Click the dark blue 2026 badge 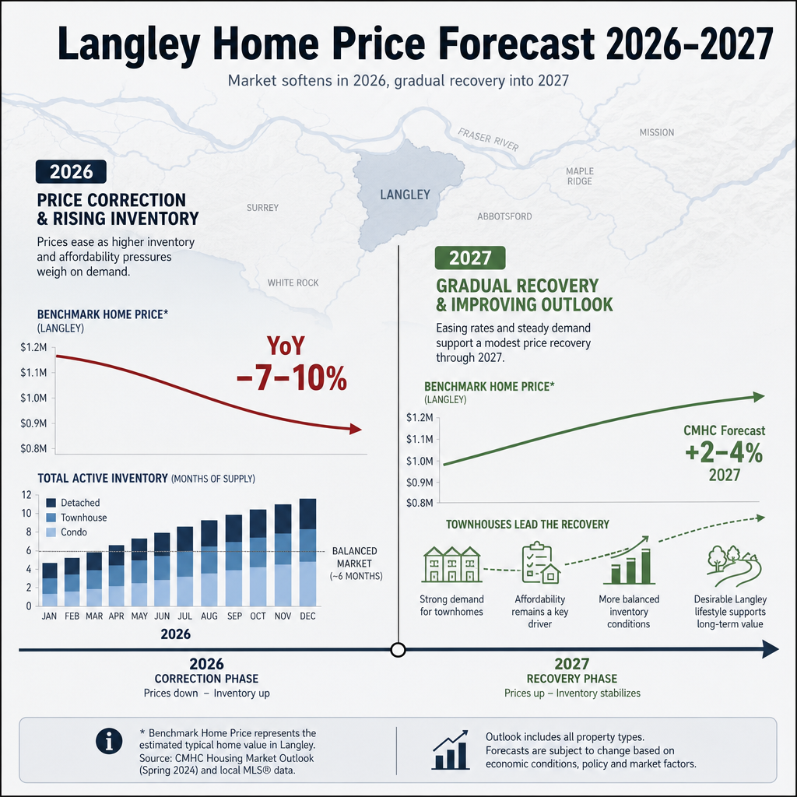71,172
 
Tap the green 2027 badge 470,258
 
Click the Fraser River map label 489,140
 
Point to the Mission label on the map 657,132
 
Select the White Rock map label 293,283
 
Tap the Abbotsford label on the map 504,216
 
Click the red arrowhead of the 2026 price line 356,429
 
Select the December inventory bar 307,552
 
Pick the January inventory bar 49,585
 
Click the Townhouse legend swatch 51,518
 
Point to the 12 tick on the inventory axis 26,495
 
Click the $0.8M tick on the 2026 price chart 33,448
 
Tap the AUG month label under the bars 209,616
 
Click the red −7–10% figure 292,378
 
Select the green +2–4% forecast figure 724,453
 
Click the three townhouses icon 452,564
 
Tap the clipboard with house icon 540,563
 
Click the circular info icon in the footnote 109,741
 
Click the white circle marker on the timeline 398,650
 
